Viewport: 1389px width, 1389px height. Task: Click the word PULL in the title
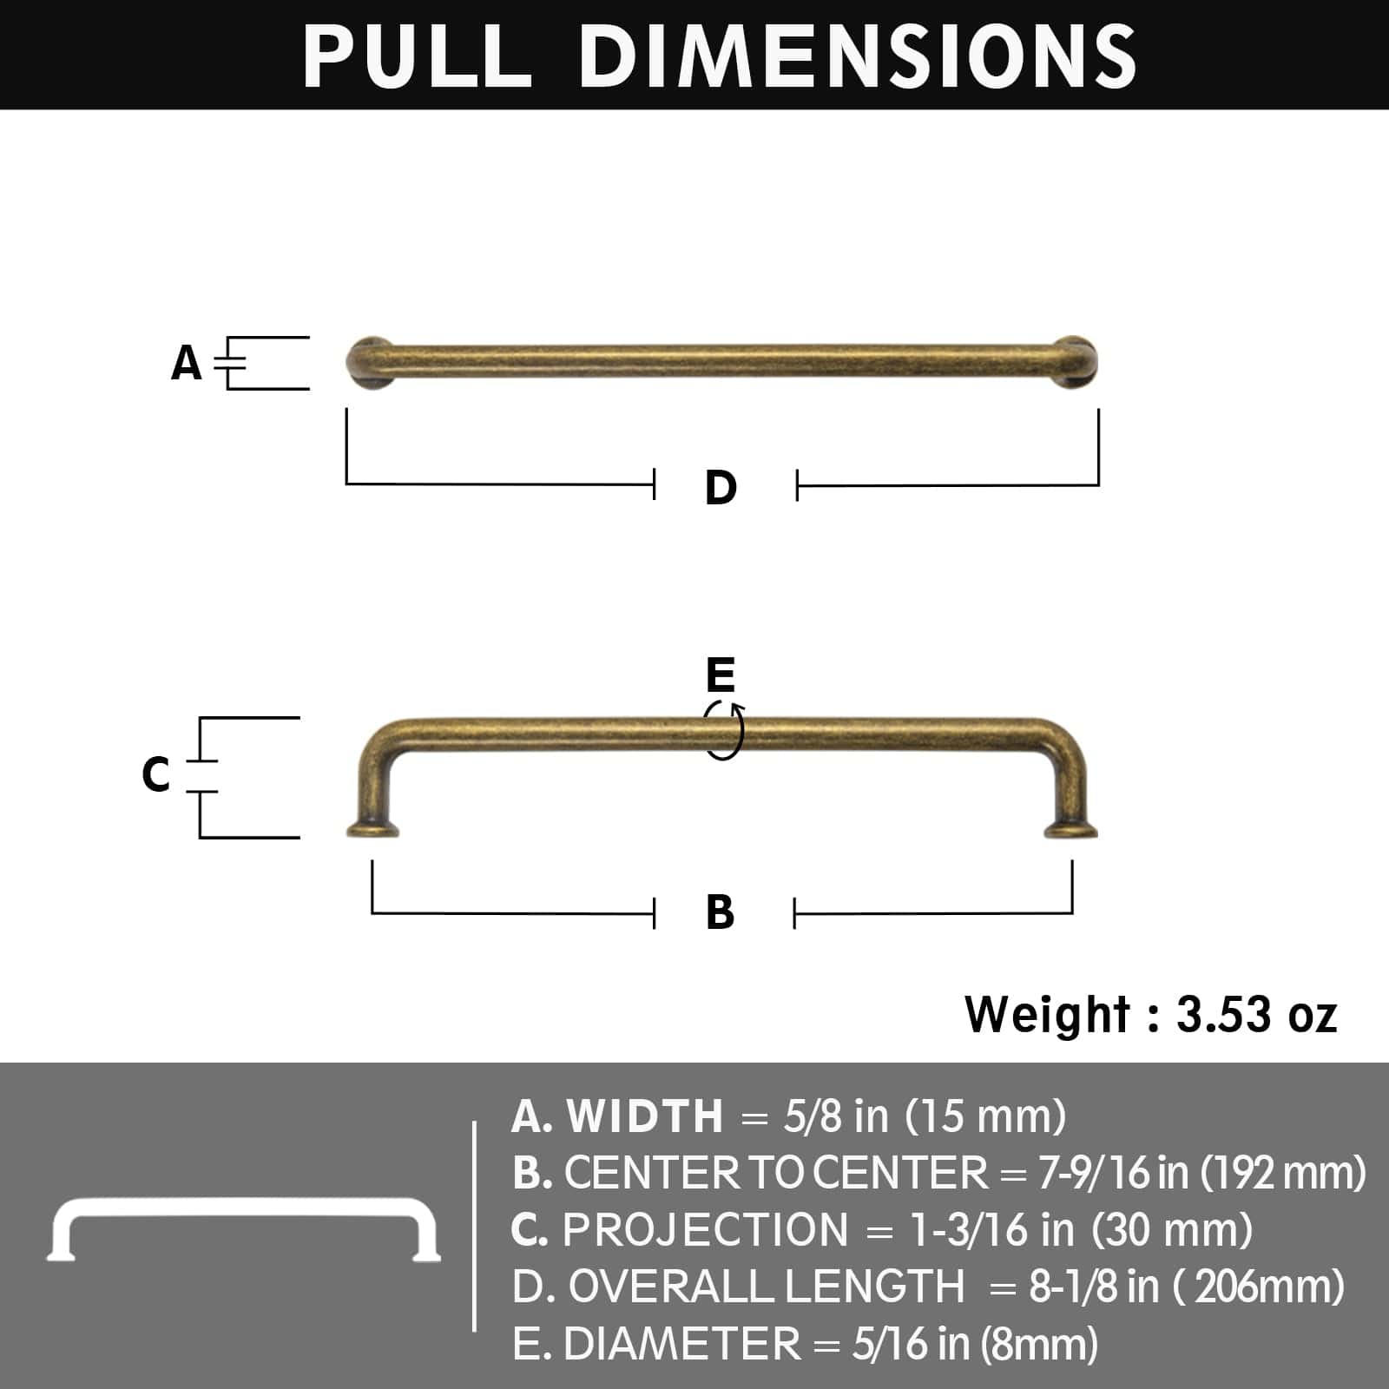[417, 56]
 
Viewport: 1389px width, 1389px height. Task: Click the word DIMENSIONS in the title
[858, 56]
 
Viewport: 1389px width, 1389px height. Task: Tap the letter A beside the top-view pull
[187, 363]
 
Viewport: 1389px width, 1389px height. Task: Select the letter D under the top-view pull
[721, 487]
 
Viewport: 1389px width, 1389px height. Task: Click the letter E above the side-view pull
[721, 675]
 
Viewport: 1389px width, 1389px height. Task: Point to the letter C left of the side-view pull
[155, 774]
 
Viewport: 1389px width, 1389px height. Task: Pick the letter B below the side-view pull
[721, 912]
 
